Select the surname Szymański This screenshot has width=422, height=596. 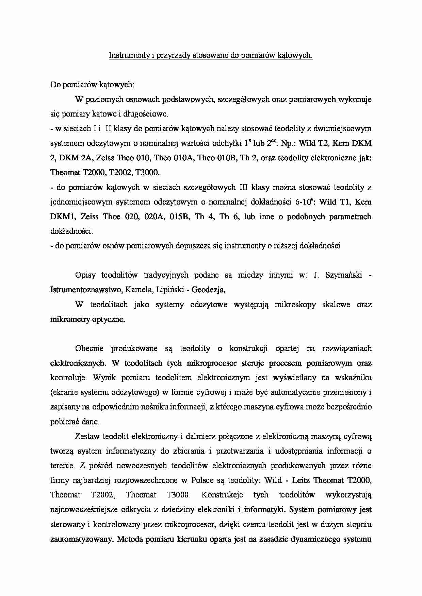pyautogui.click(x=344, y=275)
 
